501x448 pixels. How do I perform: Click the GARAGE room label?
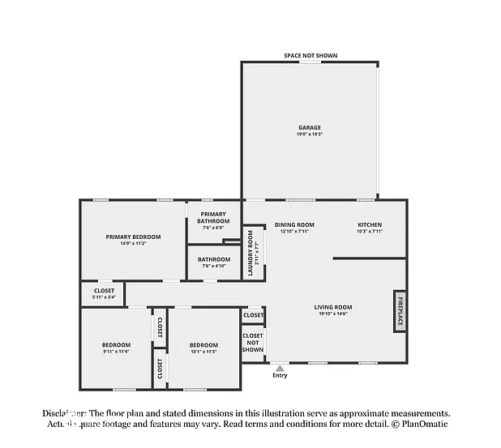[x=310, y=127]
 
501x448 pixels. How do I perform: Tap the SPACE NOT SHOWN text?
[x=310, y=56]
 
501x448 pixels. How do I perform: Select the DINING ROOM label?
[x=294, y=224]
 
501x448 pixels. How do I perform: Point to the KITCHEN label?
[x=370, y=224]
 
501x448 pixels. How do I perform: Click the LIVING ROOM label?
[x=333, y=307]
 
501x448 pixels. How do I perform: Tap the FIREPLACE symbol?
[x=400, y=310]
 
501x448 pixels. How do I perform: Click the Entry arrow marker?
[x=280, y=368]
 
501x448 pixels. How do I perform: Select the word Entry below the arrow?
[x=280, y=376]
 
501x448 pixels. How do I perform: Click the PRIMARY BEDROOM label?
[x=133, y=237]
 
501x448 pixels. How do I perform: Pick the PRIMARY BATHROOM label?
[x=213, y=218]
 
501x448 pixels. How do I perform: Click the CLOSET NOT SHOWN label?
[x=253, y=342]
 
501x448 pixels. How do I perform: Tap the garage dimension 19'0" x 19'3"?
[x=310, y=134]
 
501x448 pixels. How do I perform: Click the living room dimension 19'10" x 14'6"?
[x=333, y=314]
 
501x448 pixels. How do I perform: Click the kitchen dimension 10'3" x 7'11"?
[x=370, y=232]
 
